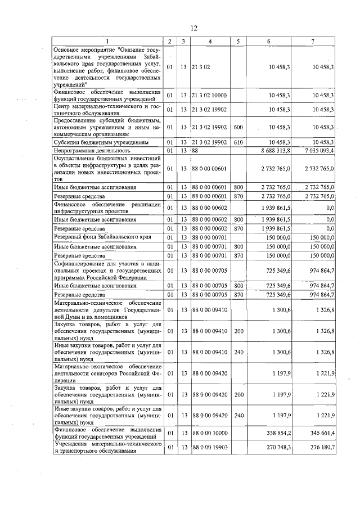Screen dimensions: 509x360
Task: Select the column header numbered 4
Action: (210, 42)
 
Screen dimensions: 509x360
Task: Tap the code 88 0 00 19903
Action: (210, 447)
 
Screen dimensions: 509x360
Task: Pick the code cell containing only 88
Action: (196, 151)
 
